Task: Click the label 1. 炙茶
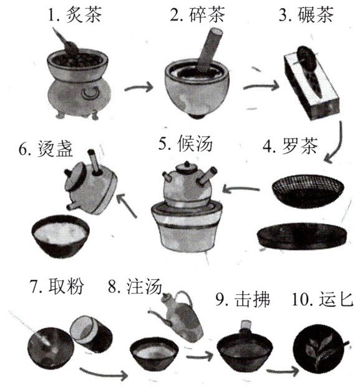tap(74, 14)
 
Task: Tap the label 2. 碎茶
tap(197, 14)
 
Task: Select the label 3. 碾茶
tap(306, 14)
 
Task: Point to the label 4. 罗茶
tap(290, 146)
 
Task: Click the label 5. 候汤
tap(185, 143)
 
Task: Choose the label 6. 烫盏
tap(46, 149)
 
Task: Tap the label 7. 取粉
tap(57, 286)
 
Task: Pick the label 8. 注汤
tap(135, 286)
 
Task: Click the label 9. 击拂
tap(243, 299)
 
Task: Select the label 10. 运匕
tap(323, 299)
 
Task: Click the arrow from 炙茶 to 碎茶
tap(139, 87)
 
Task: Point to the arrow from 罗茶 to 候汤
tap(241, 189)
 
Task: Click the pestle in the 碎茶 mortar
tap(209, 49)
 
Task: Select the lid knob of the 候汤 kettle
tap(187, 164)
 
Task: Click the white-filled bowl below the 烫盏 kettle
tap(61, 236)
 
